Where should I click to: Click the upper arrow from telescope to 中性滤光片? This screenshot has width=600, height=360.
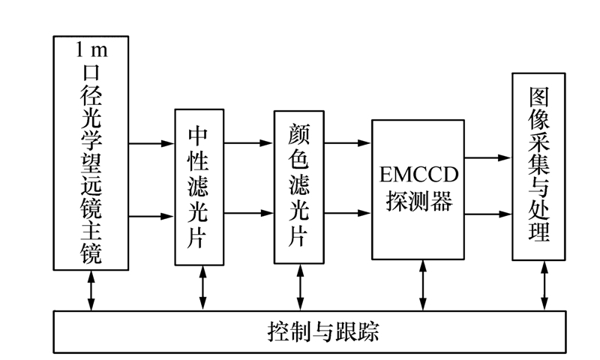[x=151, y=142]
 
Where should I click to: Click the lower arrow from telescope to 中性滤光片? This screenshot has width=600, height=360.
[x=151, y=217]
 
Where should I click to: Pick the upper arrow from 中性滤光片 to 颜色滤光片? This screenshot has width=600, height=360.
[x=250, y=142]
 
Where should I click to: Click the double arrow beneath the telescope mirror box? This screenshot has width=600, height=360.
[x=91, y=289]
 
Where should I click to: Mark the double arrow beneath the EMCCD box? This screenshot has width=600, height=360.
[x=424, y=284]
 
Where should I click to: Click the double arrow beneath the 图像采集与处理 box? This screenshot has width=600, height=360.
[x=544, y=284]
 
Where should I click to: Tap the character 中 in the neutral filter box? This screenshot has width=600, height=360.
[x=200, y=137]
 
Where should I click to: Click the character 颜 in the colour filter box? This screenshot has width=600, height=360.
[x=299, y=134]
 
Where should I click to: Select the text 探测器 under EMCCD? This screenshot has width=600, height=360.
[x=418, y=202]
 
